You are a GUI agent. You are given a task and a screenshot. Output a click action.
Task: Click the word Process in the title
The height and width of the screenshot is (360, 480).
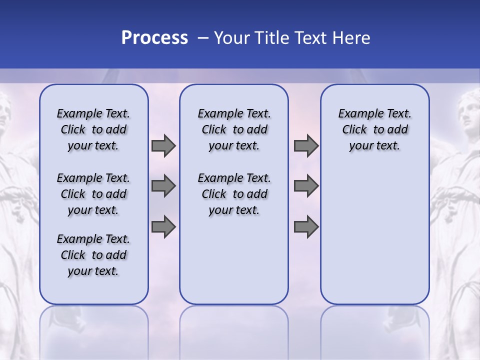pos(154,38)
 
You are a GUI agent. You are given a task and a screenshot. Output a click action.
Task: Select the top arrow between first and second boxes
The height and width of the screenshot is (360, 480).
pos(163,146)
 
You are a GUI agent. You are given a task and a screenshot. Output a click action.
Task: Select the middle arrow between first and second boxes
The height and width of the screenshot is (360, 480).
pos(163,186)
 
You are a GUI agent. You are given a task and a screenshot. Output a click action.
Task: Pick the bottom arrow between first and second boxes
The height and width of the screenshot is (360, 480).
pos(163,226)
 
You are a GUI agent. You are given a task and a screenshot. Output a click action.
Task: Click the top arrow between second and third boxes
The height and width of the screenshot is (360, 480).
pos(306,146)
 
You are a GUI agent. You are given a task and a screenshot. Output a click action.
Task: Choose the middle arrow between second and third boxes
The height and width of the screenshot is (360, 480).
pos(306,186)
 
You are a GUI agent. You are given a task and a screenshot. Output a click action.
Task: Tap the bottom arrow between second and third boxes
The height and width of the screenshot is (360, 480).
pos(306,226)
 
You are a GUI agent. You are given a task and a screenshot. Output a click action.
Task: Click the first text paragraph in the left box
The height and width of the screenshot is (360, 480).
pos(93,129)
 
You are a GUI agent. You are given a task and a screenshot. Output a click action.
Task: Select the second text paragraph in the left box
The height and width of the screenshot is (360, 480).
pos(93,194)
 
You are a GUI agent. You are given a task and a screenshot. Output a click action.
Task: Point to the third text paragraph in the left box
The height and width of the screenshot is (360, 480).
pos(93,255)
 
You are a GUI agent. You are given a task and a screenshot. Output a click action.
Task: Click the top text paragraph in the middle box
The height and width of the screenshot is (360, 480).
pos(234,129)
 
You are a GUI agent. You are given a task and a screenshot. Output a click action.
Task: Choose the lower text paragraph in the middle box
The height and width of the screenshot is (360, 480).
pos(234,194)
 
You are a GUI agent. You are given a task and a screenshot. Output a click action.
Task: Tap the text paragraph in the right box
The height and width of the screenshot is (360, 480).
pos(374,129)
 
